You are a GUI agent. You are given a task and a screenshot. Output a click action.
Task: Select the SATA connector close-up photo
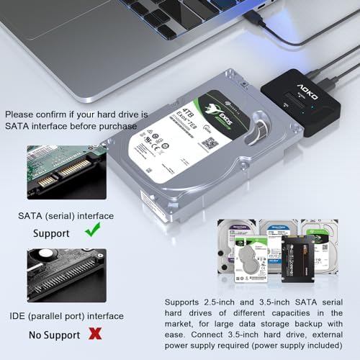[x=66, y=183]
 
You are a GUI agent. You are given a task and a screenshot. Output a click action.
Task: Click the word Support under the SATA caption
[x=53, y=234]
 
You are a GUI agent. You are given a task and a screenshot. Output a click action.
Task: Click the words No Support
[x=55, y=335]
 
